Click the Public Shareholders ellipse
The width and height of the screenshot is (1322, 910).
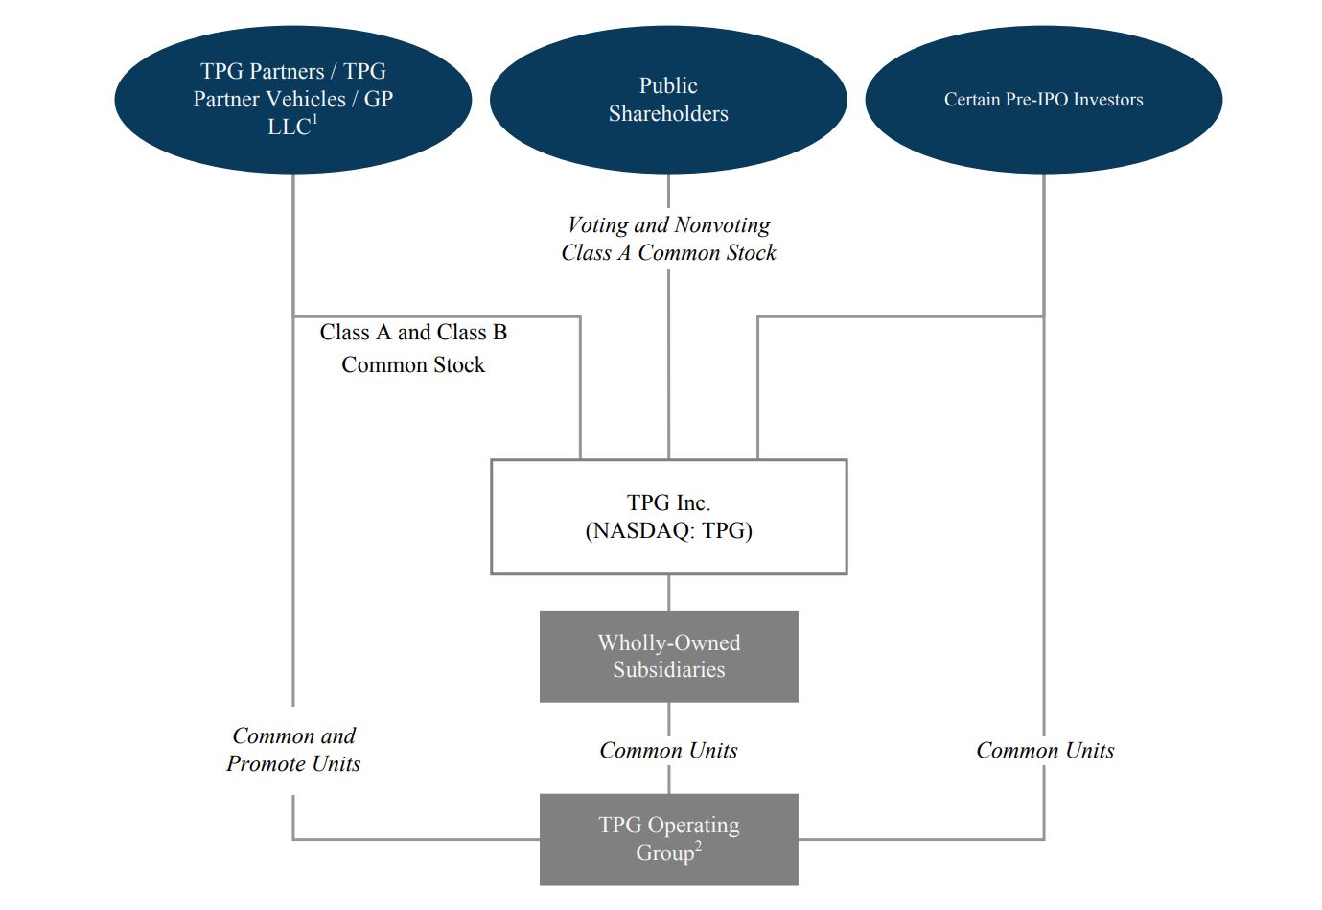click(x=668, y=100)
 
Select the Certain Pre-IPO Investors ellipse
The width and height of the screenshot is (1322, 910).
click(x=1043, y=100)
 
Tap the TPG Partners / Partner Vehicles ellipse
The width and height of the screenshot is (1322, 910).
click(x=292, y=100)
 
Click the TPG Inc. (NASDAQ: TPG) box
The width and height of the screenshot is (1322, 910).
click(x=668, y=517)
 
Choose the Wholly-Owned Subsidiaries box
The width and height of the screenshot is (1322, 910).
click(x=668, y=656)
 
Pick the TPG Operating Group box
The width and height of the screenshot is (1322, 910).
click(x=668, y=839)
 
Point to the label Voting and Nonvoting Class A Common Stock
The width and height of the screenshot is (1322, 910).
click(x=668, y=239)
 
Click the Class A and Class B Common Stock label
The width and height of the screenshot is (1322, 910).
click(x=413, y=348)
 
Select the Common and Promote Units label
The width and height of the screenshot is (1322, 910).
click(x=293, y=750)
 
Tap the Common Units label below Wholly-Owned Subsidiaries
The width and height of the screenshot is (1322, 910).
click(x=668, y=751)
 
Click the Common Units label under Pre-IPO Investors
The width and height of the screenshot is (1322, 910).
click(x=1045, y=751)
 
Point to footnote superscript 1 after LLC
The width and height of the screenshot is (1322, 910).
click(x=314, y=121)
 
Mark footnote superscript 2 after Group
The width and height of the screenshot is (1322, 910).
click(x=699, y=846)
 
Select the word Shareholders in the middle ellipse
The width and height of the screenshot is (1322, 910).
click(x=668, y=114)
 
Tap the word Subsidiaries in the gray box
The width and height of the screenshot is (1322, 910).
click(x=668, y=670)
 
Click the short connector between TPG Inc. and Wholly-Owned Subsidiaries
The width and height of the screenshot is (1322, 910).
click(x=668, y=593)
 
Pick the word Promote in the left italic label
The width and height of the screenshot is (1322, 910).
click(x=267, y=764)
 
